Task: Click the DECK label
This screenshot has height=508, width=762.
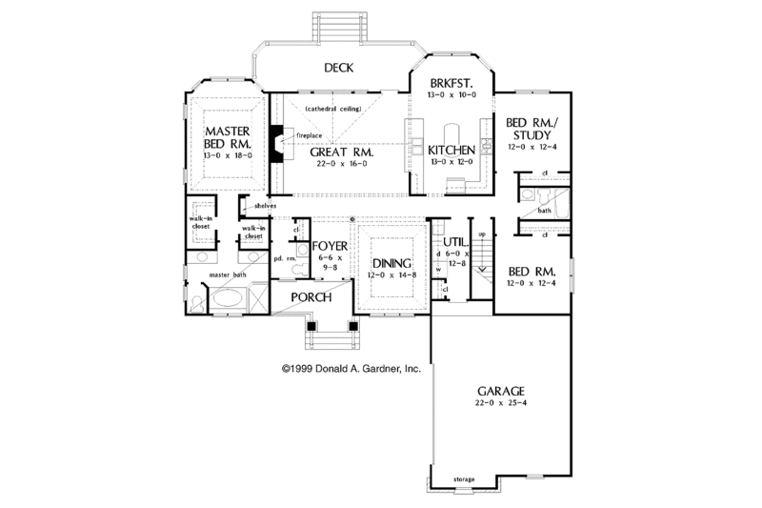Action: pyautogui.click(x=338, y=68)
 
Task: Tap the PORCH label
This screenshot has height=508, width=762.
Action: pyautogui.click(x=311, y=297)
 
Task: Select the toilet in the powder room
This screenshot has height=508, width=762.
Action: pyautogui.click(x=294, y=270)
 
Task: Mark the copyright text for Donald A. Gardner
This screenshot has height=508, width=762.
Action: pyautogui.click(x=351, y=366)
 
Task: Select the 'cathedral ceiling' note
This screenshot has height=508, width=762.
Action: pyautogui.click(x=332, y=110)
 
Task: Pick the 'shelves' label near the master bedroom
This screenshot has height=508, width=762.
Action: pyautogui.click(x=266, y=205)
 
